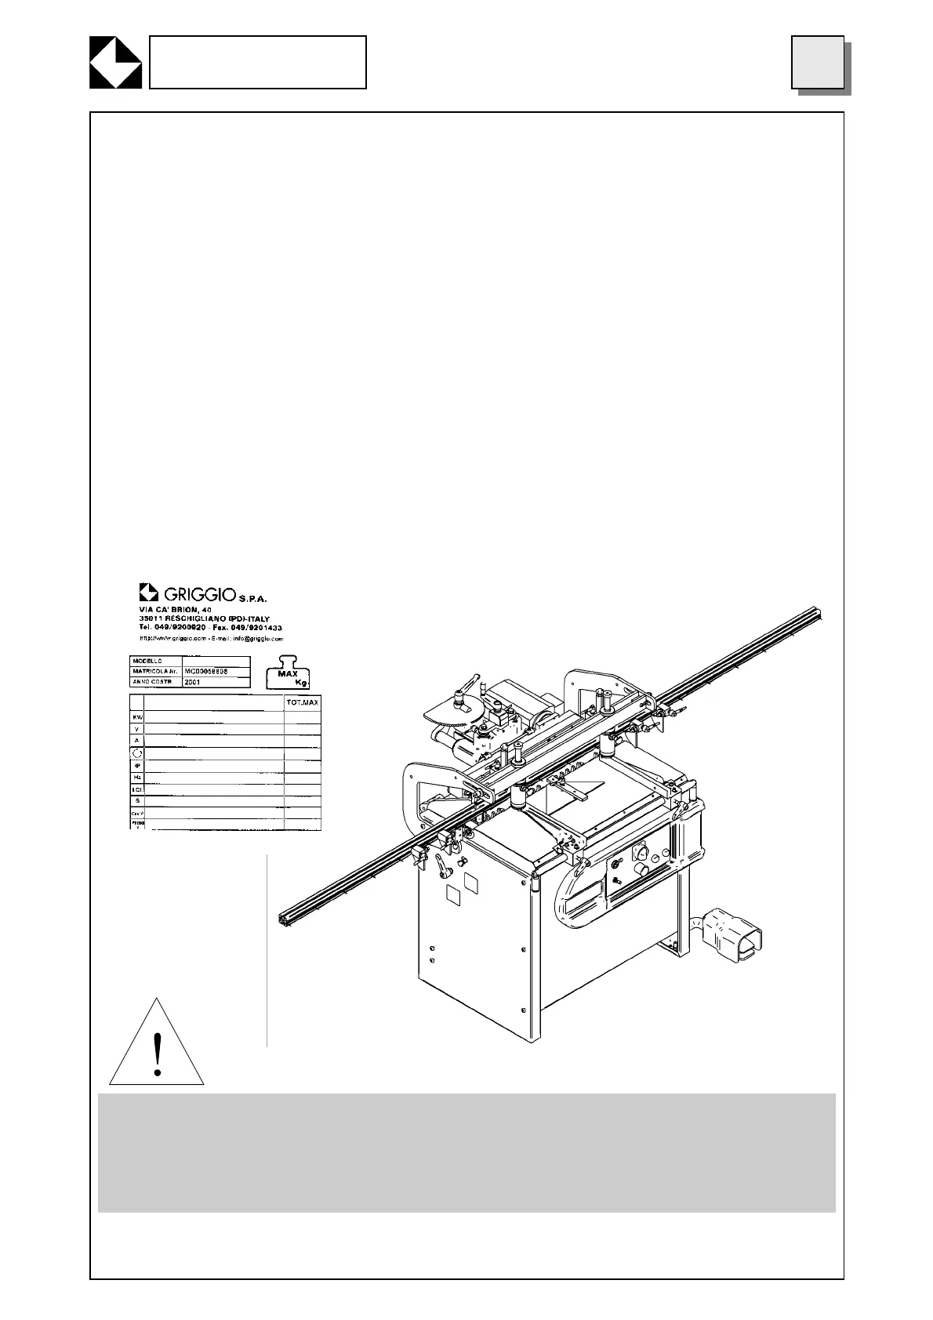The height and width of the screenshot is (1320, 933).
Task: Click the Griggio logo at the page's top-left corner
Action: click(114, 62)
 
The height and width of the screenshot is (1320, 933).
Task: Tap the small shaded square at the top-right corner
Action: click(818, 62)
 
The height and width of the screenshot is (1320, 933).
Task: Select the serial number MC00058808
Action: click(206, 672)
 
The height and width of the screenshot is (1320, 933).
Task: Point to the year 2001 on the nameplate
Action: click(193, 683)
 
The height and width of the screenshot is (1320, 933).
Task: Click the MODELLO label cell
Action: click(154, 662)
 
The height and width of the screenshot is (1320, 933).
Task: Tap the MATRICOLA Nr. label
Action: click(154, 672)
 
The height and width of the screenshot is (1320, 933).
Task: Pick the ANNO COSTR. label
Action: click(154, 683)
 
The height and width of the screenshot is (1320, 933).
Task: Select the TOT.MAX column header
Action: click(302, 702)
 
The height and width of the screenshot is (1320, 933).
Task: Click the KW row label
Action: click(136, 717)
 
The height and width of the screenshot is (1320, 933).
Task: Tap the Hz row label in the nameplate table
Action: click(136, 777)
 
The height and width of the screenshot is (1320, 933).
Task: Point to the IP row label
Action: click(136, 765)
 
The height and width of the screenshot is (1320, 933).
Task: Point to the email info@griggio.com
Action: click(253, 639)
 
